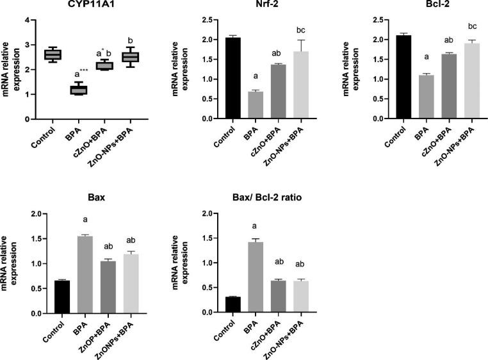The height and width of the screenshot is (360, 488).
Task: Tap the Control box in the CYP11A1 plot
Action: [x=51, y=54]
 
